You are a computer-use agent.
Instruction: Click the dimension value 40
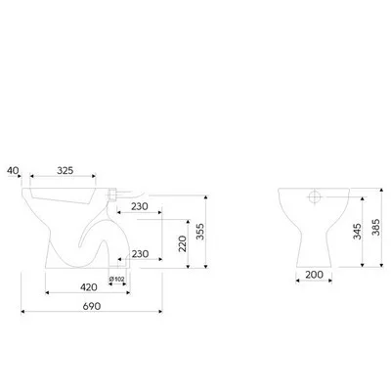coord(13,170)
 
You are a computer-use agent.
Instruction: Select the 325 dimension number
coord(65,170)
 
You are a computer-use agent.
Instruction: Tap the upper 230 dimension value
coord(140,206)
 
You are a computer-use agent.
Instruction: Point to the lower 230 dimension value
coord(140,254)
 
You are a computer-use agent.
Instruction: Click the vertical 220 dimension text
coord(183,243)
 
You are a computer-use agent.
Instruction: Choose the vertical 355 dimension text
coord(200,232)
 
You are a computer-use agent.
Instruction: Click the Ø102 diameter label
coord(117,279)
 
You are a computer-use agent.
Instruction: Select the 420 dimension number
coord(89,287)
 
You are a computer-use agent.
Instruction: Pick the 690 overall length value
coord(92,306)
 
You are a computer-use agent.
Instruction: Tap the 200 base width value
coord(314,275)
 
